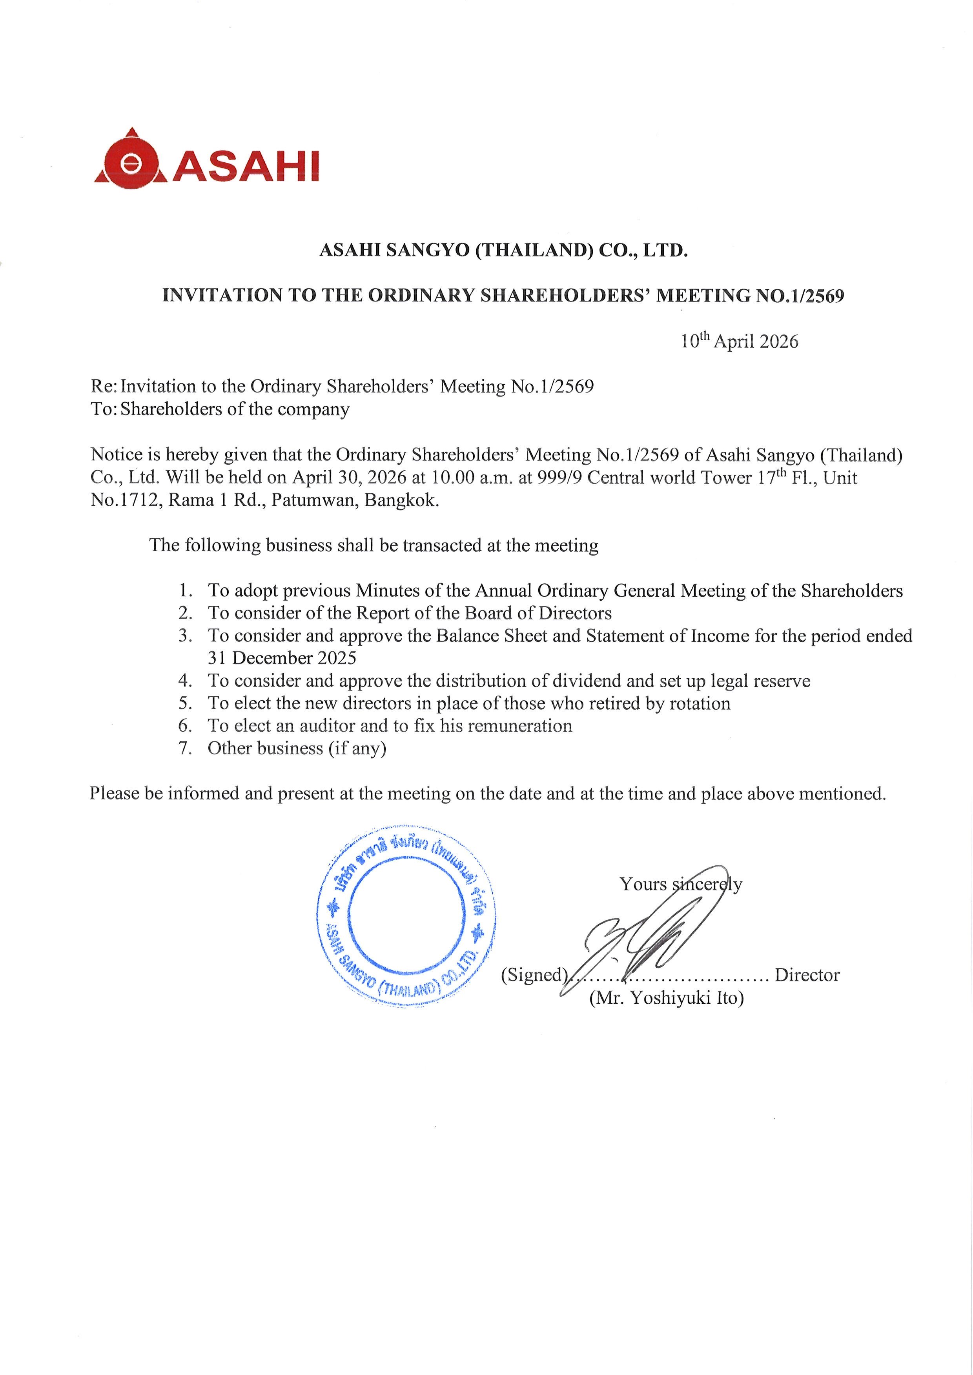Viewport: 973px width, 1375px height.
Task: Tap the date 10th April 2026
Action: pyautogui.click(x=739, y=341)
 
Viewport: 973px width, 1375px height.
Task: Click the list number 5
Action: pyautogui.click(x=185, y=703)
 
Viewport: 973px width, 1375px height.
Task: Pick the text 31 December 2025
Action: pyautogui.click(x=282, y=658)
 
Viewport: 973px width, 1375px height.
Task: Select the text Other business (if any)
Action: pyautogui.click(x=297, y=748)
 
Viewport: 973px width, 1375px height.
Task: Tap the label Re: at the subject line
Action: pyautogui.click(x=104, y=386)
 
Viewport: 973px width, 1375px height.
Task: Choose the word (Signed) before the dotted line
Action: pyautogui.click(x=533, y=975)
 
